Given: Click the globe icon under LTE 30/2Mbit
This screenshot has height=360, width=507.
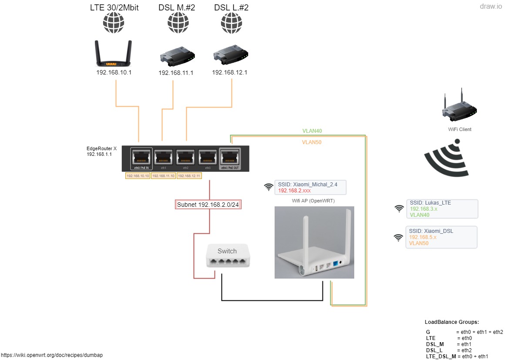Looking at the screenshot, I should click(114, 23).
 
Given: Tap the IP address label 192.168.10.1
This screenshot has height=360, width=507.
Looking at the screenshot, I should click(114, 72).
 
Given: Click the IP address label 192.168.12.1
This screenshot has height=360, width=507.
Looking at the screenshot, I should click(230, 72).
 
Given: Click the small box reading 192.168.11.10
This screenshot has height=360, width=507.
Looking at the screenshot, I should click(164, 176).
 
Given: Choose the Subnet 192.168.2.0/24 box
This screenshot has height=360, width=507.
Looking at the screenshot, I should click(208, 205).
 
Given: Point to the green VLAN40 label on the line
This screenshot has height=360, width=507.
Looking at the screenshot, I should click(312, 131).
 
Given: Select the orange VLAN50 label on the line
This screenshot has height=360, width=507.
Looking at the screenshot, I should click(312, 142).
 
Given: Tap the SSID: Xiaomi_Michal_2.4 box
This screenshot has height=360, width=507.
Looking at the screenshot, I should click(310, 188).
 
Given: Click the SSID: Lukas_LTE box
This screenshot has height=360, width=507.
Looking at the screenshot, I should click(442, 209).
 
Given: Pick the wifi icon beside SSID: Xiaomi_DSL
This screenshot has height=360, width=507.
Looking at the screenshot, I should click(398, 237).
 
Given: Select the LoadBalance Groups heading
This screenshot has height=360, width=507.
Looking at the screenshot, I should click(452, 322).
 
